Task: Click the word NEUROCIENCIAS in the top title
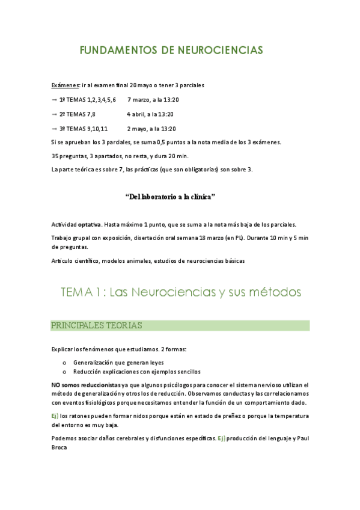pos(221,51)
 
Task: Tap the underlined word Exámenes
pos(64,85)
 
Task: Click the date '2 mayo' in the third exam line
pos(138,128)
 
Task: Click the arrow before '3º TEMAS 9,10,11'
pos(55,128)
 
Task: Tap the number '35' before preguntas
pos(56,156)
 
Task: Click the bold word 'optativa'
pos(90,224)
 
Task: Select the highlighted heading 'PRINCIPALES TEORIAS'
pos(96,325)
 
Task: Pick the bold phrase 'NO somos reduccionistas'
pos(86,384)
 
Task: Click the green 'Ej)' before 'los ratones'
pos(55,416)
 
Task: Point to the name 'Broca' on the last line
pos(60,447)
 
